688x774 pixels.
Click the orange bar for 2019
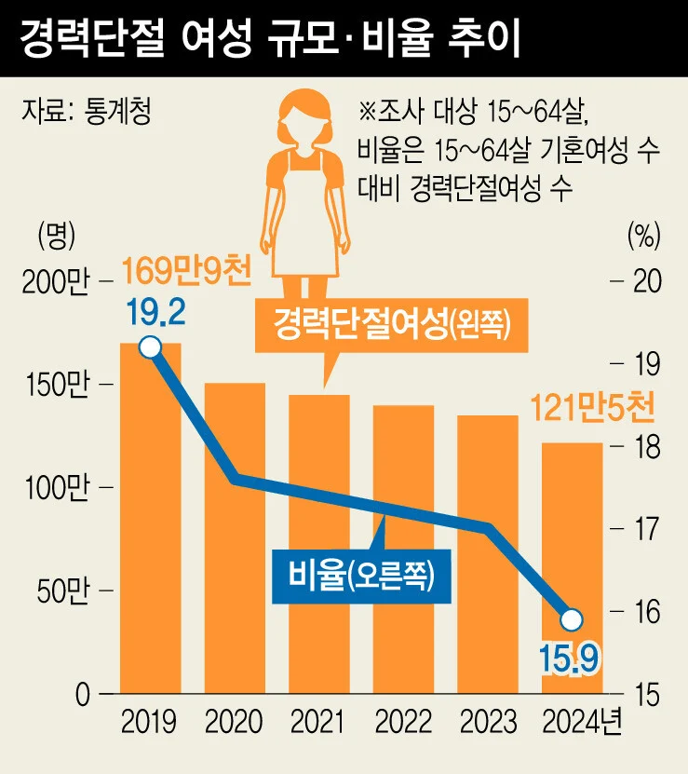pyautogui.click(x=150, y=518)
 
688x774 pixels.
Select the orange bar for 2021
pyautogui.click(x=318, y=544)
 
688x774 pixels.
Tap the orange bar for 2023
pyautogui.click(x=488, y=554)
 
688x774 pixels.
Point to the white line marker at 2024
pyautogui.click(x=573, y=619)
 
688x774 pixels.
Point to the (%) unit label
pyautogui.click(x=643, y=235)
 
